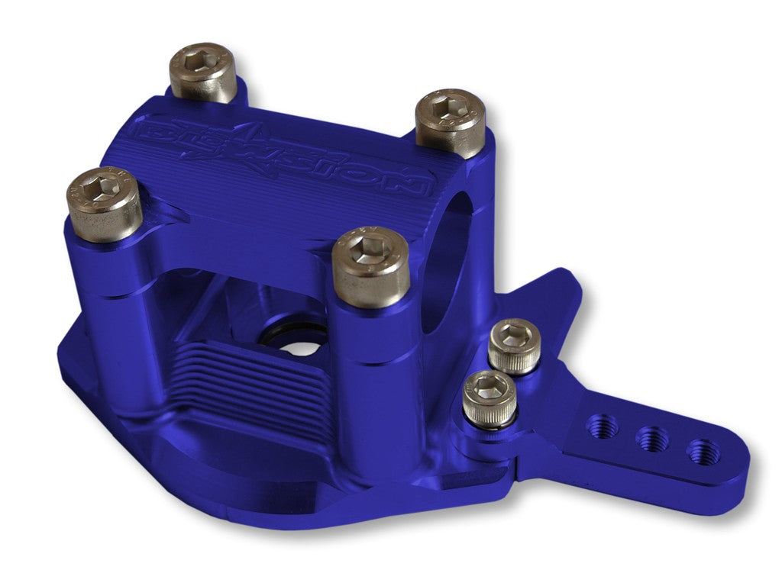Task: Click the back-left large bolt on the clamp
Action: point(202,72)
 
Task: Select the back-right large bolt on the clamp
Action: point(450,122)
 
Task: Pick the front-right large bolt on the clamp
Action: point(372,266)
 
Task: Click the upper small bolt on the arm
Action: point(514,346)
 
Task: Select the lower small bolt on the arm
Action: point(489,398)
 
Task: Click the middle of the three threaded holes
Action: point(653,439)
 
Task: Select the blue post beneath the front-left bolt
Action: point(115,305)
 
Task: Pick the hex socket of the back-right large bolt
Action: point(449,111)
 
